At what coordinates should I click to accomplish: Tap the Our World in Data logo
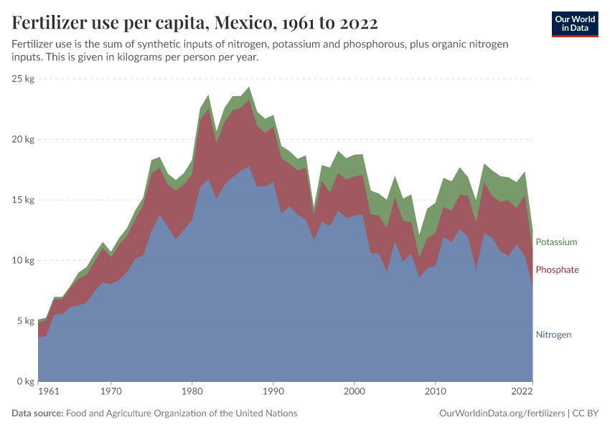(575, 24)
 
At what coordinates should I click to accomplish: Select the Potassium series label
(556, 242)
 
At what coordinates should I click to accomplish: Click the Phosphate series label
(557, 269)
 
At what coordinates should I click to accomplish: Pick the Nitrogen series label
(553, 335)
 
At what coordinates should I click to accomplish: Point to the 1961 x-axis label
(48, 392)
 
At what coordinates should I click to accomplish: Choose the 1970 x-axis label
(111, 392)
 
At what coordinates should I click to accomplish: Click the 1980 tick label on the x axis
(192, 392)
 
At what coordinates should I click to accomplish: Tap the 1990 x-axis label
(273, 392)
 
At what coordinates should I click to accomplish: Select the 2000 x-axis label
(354, 392)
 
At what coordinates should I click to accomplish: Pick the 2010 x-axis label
(435, 392)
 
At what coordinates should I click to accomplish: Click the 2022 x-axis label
(522, 392)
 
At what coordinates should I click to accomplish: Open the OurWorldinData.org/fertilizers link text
(501, 414)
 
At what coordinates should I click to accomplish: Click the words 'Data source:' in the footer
(37, 414)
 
